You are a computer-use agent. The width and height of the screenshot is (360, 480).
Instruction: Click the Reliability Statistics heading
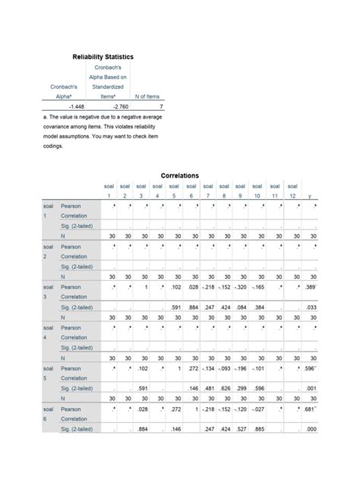(x=103, y=57)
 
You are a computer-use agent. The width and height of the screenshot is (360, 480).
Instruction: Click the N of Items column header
(x=147, y=97)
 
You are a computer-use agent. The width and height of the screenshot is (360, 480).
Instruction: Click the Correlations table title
(x=180, y=175)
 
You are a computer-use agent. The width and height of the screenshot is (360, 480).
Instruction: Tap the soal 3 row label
(x=47, y=294)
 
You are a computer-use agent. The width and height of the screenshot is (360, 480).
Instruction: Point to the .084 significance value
(x=242, y=307)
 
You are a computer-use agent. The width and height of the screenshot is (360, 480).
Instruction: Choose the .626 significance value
(x=225, y=388)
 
